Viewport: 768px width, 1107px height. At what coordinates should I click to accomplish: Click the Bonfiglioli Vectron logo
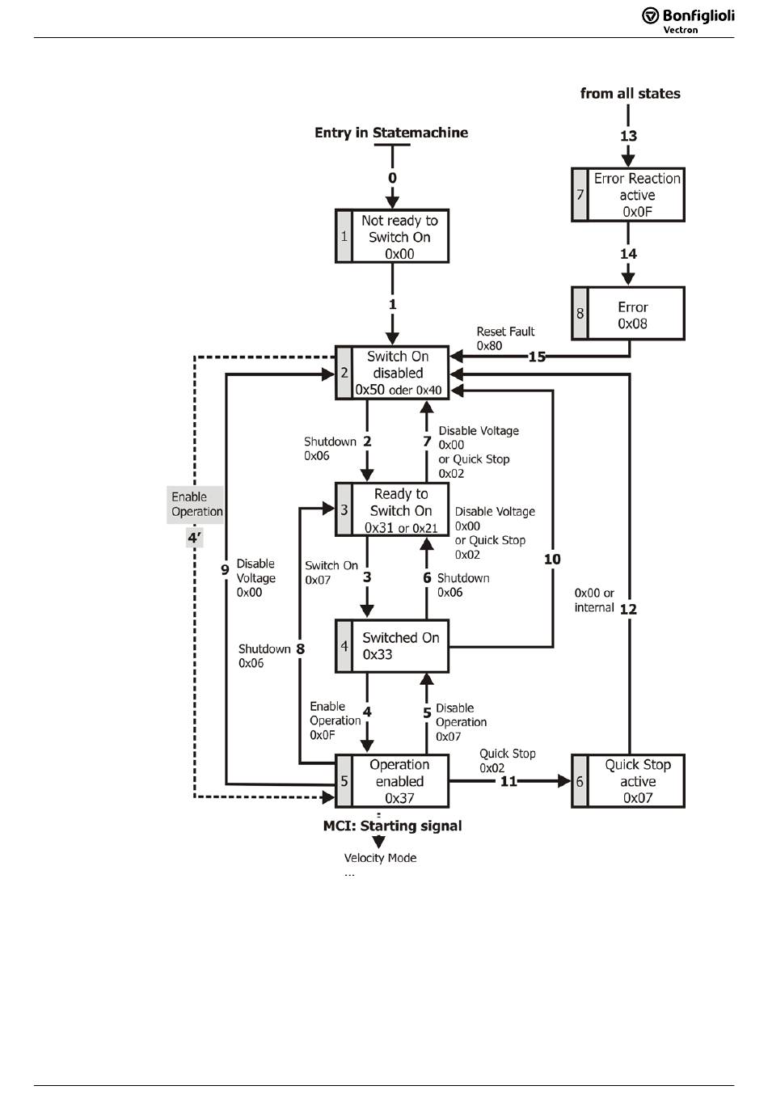688,19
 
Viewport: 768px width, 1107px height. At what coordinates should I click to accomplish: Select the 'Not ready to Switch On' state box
392,236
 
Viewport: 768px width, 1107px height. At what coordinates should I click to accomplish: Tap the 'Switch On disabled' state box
392,373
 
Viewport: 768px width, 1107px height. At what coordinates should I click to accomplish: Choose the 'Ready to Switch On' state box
392,510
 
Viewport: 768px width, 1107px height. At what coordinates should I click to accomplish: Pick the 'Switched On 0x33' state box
392,645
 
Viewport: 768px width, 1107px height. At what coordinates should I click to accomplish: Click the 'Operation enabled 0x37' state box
392,781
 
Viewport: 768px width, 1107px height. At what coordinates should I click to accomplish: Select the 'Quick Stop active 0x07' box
628,781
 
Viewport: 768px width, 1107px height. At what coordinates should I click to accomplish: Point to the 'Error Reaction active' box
628,195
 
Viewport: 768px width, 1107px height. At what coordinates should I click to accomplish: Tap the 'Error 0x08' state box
628,314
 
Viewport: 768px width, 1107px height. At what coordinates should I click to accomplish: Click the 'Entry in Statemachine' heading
391,133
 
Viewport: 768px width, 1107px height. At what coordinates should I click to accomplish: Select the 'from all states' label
630,93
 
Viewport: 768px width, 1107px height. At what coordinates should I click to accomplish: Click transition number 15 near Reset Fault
537,357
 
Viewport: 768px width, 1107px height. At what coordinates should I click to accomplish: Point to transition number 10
552,559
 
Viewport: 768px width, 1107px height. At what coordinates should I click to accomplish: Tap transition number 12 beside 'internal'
628,609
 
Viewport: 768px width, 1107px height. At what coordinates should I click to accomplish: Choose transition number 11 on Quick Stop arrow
508,781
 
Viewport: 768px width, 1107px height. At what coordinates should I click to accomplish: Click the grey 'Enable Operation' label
196,504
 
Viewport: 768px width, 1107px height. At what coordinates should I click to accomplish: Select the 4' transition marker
194,537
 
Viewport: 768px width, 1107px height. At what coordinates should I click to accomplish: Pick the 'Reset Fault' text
505,332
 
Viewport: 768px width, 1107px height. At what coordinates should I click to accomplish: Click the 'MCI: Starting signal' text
392,826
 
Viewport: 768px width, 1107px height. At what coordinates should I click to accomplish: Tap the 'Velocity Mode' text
380,858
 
